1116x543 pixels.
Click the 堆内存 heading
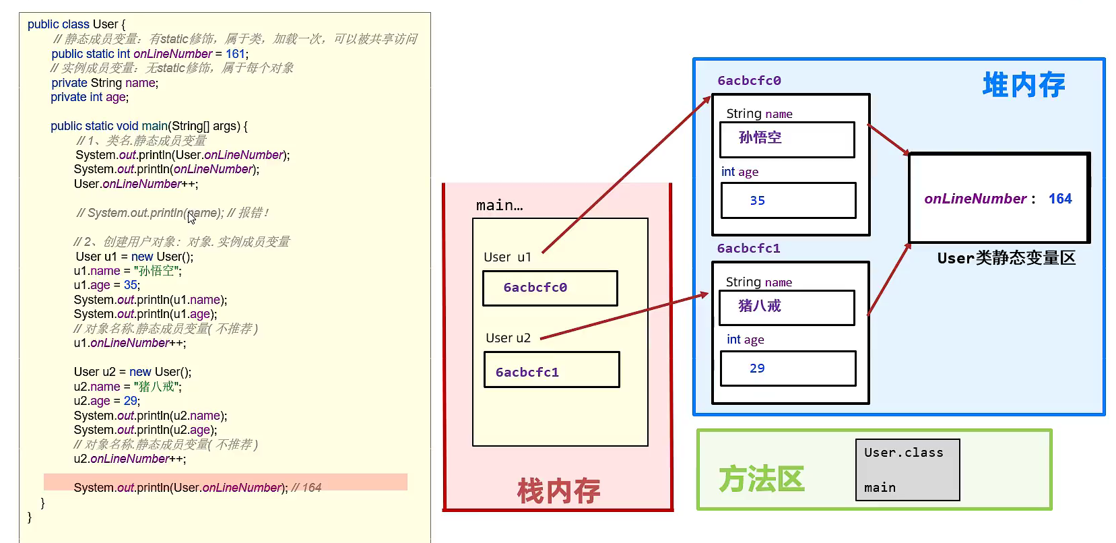point(1023,86)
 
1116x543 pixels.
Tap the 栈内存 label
point(558,490)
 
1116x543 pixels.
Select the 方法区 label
point(761,479)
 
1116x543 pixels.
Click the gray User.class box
point(907,470)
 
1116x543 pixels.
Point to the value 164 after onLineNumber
point(1059,199)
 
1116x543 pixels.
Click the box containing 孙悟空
point(787,139)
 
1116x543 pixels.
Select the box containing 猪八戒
point(787,307)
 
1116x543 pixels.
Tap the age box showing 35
point(788,201)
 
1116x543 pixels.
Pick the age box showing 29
point(788,369)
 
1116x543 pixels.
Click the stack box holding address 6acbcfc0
point(550,288)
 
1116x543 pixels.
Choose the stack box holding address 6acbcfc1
point(551,370)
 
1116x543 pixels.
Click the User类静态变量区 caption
point(1006,258)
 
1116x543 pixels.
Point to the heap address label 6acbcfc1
point(748,249)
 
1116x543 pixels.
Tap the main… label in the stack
point(499,205)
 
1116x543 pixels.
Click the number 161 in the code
point(235,54)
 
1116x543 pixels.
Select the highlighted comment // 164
point(306,488)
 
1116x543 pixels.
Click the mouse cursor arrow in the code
point(191,217)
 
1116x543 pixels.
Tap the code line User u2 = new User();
point(133,372)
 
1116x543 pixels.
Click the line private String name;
point(104,83)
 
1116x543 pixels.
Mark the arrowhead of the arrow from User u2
point(705,294)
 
